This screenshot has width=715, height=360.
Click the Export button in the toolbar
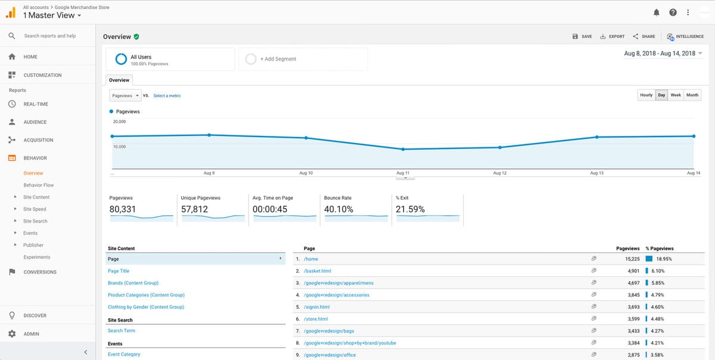(613, 36)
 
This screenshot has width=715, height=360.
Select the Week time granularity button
(675, 95)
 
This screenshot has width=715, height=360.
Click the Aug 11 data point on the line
(403, 149)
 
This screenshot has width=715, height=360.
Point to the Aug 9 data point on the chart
(209, 135)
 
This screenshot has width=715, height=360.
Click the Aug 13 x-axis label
(596, 173)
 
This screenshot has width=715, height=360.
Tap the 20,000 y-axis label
(119, 121)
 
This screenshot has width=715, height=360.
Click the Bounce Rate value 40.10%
(338, 209)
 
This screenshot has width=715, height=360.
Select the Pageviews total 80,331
(123, 209)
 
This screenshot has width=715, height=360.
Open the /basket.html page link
(317, 271)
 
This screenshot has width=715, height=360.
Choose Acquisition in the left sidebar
(38, 140)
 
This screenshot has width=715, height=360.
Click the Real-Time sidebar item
(36, 104)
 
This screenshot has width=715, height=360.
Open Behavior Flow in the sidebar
(39, 185)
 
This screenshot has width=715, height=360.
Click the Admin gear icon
(12, 334)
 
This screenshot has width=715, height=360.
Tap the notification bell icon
(657, 12)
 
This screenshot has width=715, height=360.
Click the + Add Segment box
(303, 59)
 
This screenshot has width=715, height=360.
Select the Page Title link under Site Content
(119, 271)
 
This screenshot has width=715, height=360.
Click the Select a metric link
(167, 96)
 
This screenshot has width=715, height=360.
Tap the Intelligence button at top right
(686, 36)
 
